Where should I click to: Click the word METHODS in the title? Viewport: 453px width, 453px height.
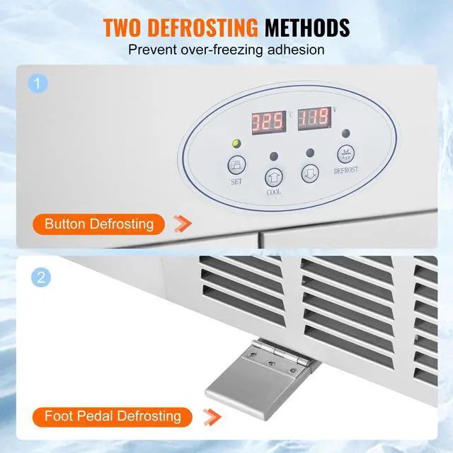coord(306,28)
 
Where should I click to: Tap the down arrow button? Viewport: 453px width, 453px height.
coord(310,174)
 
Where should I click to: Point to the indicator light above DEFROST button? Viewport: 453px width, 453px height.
coord(345,133)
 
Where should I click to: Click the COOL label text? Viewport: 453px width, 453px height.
coord(274,192)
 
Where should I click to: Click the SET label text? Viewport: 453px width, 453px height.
coord(236,181)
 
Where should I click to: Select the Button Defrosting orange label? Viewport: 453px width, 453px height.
coord(99,224)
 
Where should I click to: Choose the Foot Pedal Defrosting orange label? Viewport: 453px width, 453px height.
coord(113,415)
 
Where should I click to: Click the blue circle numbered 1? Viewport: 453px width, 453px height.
coord(40,84)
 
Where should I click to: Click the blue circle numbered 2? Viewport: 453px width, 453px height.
coord(40,275)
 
